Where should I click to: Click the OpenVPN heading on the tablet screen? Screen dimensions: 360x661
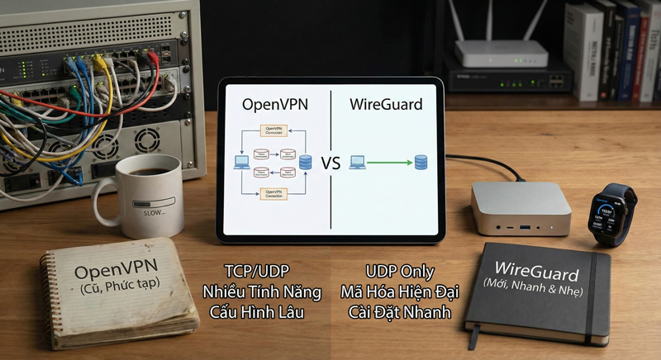click(x=274, y=105)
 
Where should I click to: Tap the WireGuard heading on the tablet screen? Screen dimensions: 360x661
click(x=385, y=105)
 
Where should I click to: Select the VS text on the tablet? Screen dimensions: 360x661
click(x=330, y=163)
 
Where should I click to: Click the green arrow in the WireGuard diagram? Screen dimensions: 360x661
click(x=389, y=162)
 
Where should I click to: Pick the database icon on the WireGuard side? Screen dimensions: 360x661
click(x=421, y=161)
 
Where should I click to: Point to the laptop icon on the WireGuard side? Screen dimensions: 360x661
click(x=357, y=162)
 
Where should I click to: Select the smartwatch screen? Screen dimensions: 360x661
click(x=606, y=213)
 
